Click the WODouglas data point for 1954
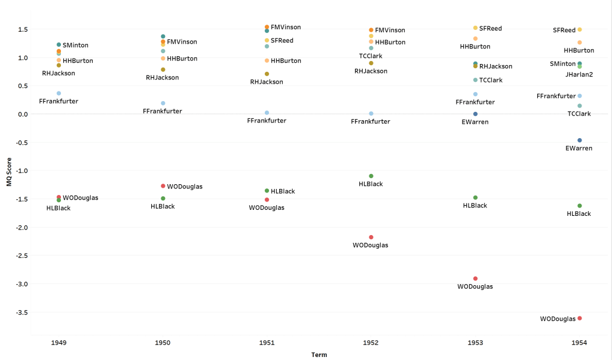click(580, 318)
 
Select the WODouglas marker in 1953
click(475, 279)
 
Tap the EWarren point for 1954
click(580, 140)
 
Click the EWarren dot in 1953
click(475, 114)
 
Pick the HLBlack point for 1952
click(371, 176)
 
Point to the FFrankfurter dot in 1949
click(59, 93)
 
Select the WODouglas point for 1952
click(371, 237)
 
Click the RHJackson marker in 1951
click(267, 74)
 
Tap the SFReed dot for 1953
click(475, 28)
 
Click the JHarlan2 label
click(578, 75)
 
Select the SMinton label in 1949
click(75, 45)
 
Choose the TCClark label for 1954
click(579, 114)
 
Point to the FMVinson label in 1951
click(286, 28)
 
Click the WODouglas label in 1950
click(185, 187)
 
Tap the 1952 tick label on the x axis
click(371, 343)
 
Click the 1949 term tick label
click(59, 343)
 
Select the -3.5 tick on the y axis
click(22, 313)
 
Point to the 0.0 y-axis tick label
click(23, 114)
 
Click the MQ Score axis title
click(9, 170)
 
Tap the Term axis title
click(319, 355)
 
